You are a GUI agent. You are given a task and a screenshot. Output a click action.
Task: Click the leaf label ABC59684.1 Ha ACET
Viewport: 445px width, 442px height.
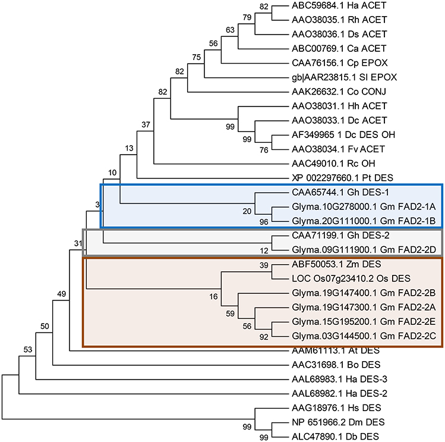[332, 7]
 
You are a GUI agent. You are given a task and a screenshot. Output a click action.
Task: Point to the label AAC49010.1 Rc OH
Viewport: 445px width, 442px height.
[328, 163]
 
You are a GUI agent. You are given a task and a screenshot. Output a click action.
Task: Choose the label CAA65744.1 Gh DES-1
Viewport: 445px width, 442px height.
[333, 193]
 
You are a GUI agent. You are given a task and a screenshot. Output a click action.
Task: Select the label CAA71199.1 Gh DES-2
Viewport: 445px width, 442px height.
[333, 236]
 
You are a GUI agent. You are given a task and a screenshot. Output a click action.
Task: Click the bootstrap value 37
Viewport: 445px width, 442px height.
[146, 124]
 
